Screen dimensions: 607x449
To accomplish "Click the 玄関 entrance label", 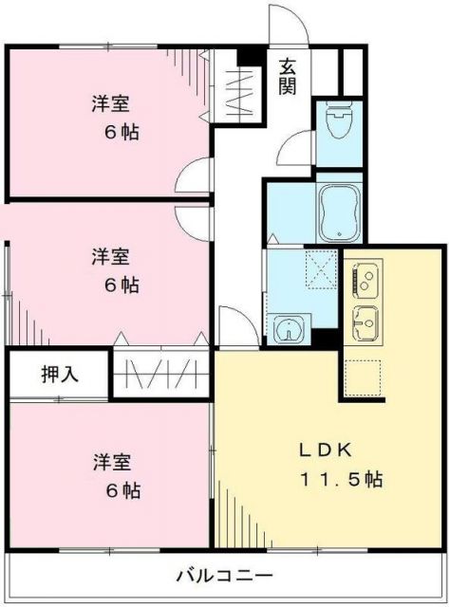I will pos(289,76).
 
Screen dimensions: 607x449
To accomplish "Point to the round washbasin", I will pos(286,330).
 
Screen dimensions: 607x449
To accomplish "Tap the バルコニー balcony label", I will pos(224,576).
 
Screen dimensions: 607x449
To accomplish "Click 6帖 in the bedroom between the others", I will pos(122,285).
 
